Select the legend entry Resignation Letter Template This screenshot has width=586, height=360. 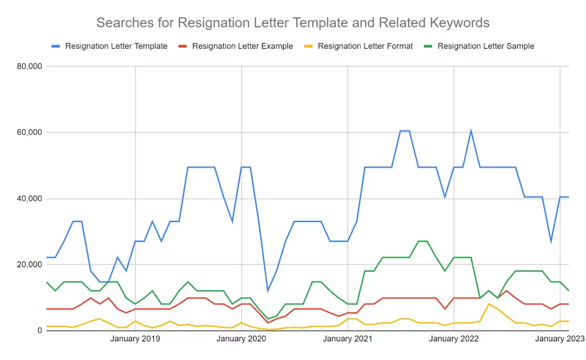point(116,46)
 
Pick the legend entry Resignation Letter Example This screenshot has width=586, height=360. point(242,46)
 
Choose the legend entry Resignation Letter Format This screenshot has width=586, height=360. point(365,46)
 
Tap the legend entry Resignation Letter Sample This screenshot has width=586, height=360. point(485,46)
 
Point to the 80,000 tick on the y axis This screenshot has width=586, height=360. point(29,66)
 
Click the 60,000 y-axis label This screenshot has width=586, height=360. point(29,133)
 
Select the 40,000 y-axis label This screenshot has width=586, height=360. point(29,199)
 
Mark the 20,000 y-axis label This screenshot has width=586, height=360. point(29,264)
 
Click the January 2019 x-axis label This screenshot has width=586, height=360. point(135,339)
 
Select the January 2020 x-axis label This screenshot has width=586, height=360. point(241,339)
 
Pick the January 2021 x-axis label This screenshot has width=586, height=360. point(348,339)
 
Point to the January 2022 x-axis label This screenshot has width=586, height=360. point(454,339)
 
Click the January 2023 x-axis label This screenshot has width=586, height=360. point(559,339)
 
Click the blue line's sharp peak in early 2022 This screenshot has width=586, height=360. point(471,131)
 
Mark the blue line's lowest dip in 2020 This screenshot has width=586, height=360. point(268,291)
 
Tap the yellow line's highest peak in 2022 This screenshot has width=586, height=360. point(489,304)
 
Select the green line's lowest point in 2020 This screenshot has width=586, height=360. point(268,319)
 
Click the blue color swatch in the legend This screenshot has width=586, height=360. point(56,46)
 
